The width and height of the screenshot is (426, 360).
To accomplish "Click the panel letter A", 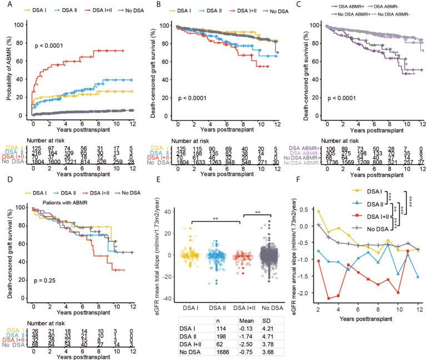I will (6, 5).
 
